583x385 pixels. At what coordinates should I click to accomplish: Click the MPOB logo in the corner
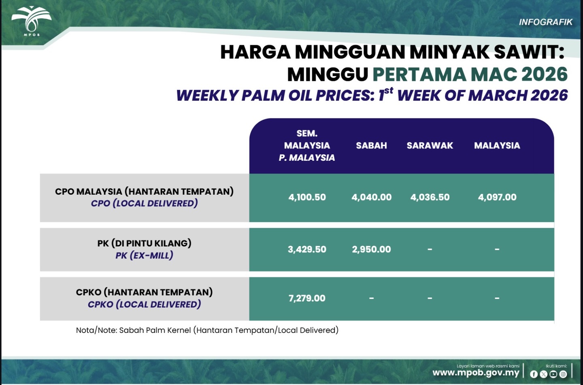click(x=32, y=21)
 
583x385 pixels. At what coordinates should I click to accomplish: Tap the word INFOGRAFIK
click(x=546, y=22)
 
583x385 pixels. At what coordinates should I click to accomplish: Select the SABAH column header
click(x=371, y=145)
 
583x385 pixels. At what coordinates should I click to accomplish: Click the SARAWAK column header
click(x=430, y=145)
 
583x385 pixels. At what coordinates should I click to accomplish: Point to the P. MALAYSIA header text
click(x=307, y=157)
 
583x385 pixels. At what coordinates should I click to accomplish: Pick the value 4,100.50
click(x=307, y=197)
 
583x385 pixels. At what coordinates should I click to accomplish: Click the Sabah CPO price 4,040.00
click(x=371, y=197)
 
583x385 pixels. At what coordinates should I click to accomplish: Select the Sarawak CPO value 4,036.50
click(x=430, y=197)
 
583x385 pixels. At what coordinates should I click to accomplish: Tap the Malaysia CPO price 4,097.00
click(x=497, y=197)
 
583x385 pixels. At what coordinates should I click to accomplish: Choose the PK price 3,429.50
click(x=307, y=249)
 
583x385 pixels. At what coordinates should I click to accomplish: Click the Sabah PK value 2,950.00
click(x=371, y=249)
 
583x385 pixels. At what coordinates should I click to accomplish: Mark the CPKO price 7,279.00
click(x=307, y=298)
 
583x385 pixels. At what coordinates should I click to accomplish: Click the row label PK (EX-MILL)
click(x=144, y=255)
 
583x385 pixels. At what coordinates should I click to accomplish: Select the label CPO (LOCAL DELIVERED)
click(x=144, y=203)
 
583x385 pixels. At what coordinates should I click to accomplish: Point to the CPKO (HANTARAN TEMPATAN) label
click(x=144, y=292)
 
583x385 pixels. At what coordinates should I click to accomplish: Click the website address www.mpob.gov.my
click(x=476, y=373)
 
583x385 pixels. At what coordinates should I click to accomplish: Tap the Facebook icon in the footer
click(x=534, y=374)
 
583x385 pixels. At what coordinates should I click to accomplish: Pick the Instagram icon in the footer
click(x=563, y=374)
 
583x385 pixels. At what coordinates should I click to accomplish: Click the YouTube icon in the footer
click(x=553, y=374)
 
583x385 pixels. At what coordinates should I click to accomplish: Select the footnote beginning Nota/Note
click(x=207, y=330)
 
